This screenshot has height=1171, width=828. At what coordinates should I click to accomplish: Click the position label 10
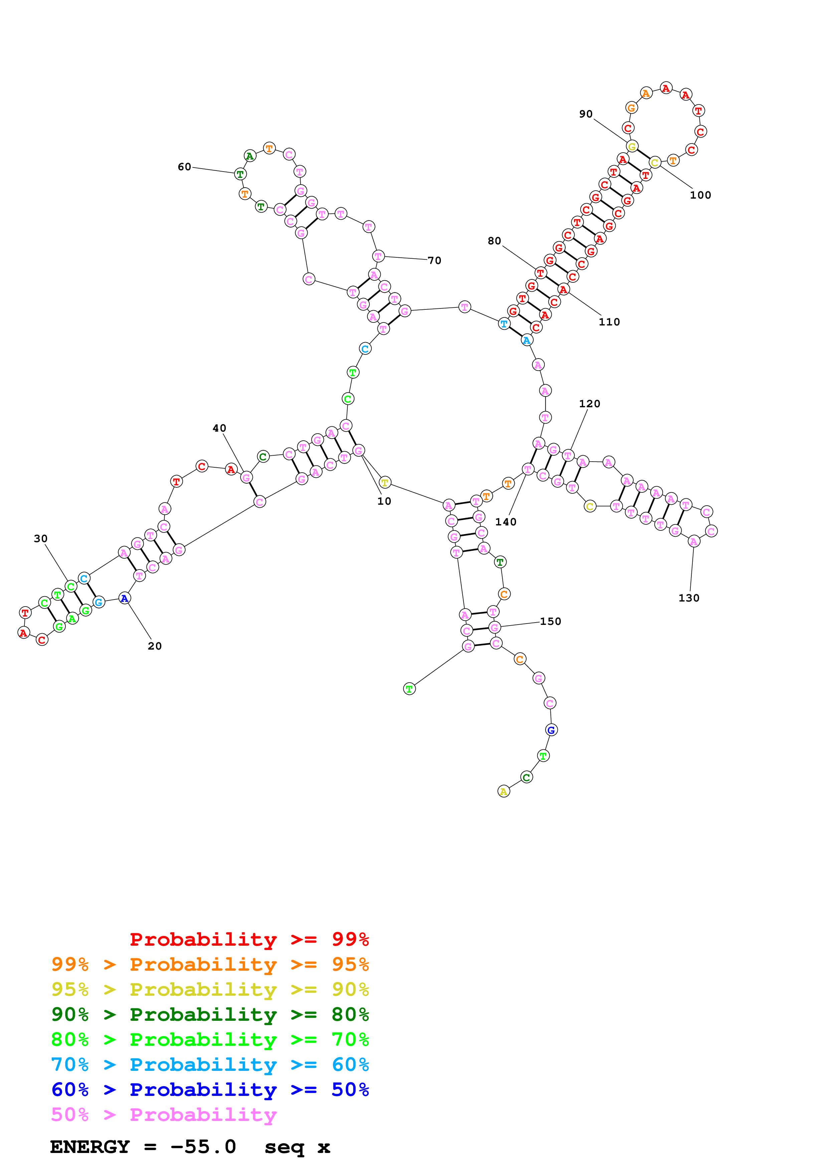[384, 501]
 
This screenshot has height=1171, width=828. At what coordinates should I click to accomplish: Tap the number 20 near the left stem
[155, 646]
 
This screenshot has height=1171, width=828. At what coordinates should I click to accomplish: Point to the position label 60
[184, 167]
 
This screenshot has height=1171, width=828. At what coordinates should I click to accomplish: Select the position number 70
[434, 261]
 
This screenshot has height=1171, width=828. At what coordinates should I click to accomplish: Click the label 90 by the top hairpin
[586, 114]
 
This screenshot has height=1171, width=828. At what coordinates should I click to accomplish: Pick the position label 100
[700, 195]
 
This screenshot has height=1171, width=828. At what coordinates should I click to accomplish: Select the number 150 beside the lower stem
[550, 622]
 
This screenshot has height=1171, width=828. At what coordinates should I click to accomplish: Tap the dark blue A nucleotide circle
[124, 598]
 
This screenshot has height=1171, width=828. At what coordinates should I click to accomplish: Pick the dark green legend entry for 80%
[210, 1014]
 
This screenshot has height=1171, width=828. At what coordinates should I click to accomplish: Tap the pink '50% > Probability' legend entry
[163, 1115]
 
